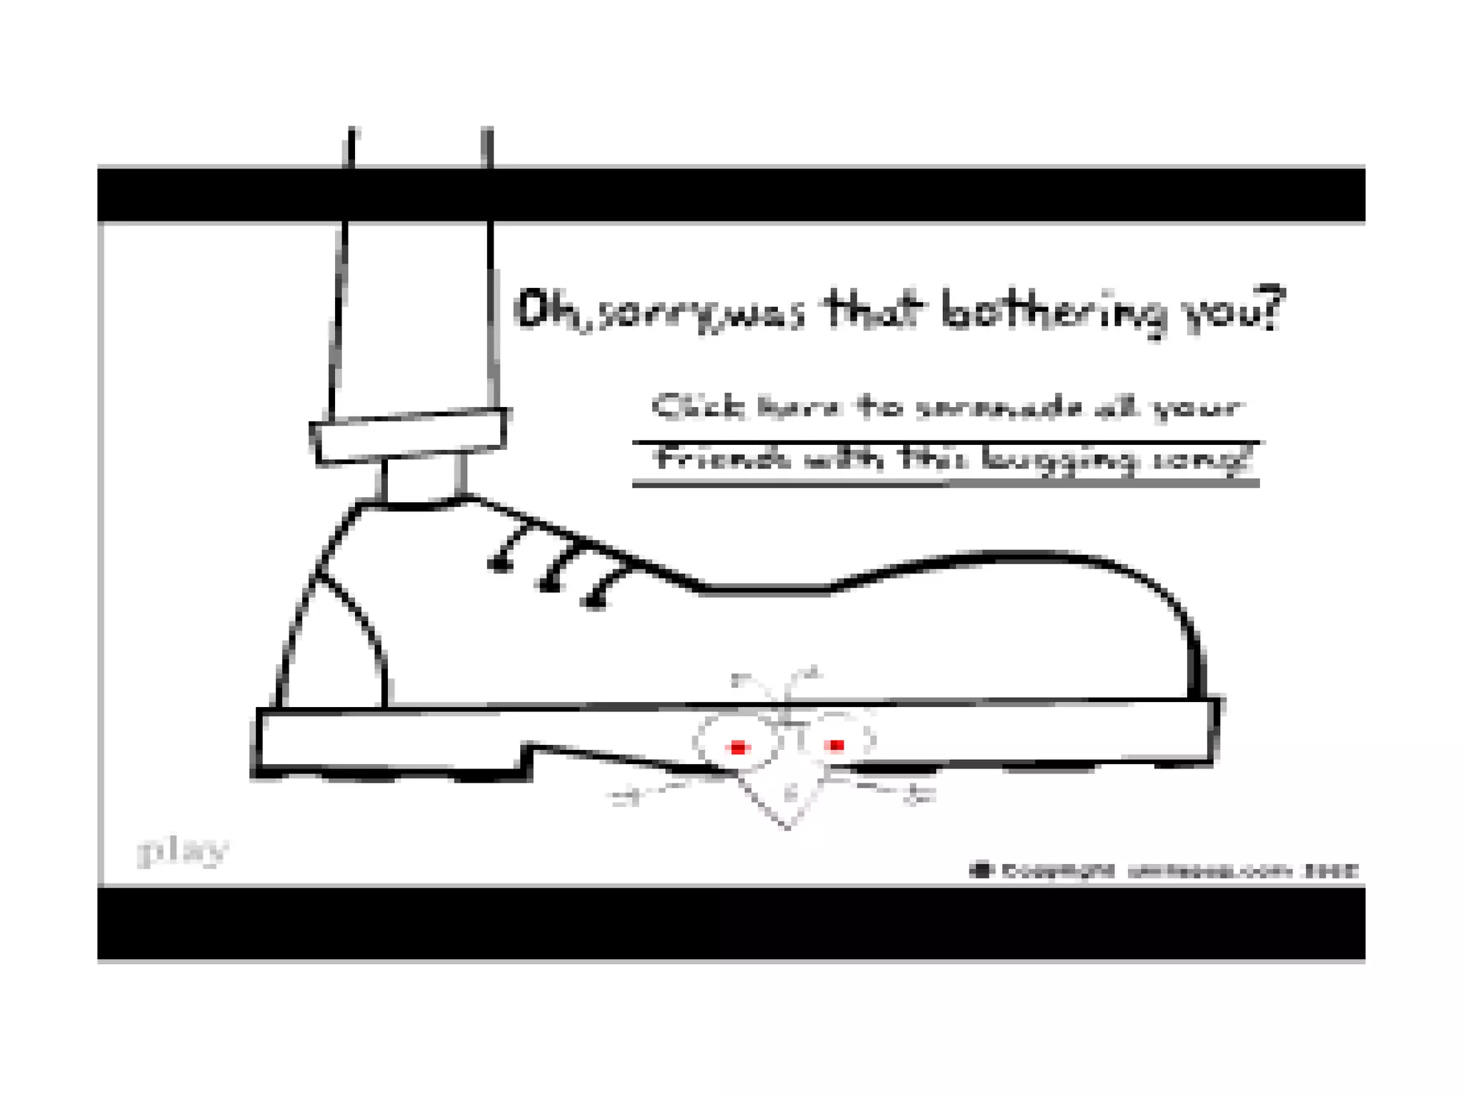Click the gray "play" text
tap(182, 851)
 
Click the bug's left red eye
tap(738, 748)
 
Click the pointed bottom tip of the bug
tap(788, 828)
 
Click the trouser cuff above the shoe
tap(409, 436)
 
